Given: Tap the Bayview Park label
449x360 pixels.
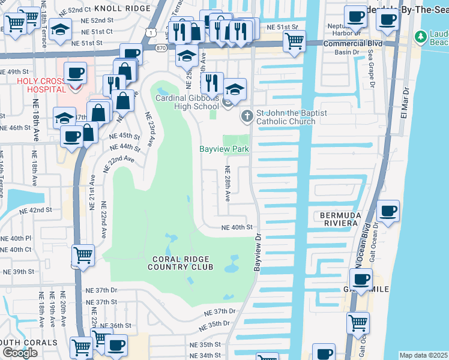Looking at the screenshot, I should coord(224,149).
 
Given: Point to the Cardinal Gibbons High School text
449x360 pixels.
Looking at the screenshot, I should coord(187,102).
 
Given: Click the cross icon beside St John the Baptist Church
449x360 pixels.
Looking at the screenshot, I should coord(246,115).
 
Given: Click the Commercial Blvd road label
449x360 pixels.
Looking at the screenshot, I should coord(352,44).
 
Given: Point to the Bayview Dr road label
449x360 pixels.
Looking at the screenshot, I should coord(258,253).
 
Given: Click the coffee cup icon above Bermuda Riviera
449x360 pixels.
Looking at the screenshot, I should coord(388,211).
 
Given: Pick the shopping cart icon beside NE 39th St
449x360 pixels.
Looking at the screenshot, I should coord(82,254).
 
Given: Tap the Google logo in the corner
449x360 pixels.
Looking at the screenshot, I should coord(19,353).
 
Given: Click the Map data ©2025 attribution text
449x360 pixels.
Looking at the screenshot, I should coord(424,355).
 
